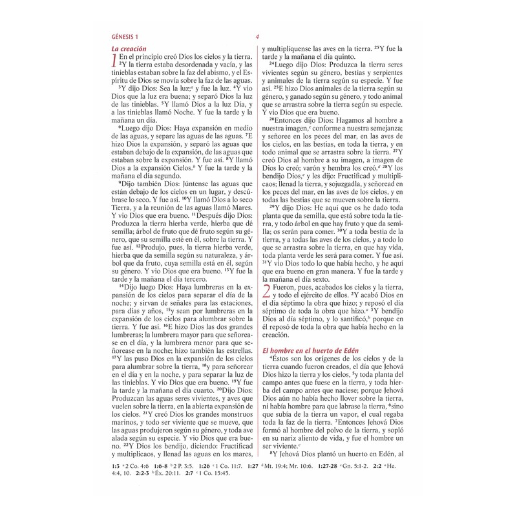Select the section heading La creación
click(x=129, y=48)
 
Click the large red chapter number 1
click(x=115, y=61)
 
